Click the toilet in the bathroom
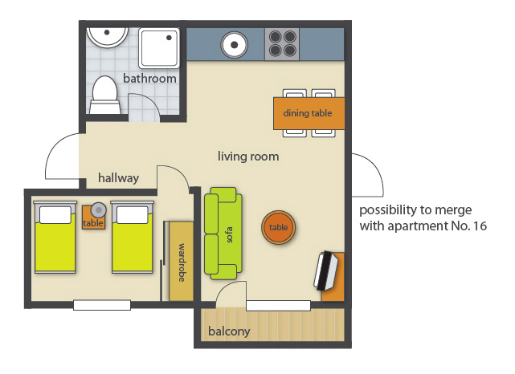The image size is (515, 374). [x=104, y=96]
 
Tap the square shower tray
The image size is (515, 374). [x=159, y=48]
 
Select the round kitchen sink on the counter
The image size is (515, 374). [x=234, y=45]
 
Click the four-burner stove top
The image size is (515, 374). [x=282, y=44]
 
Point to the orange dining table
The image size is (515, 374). [x=309, y=113]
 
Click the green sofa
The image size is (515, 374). [x=223, y=234]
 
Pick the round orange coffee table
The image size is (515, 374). [x=279, y=227]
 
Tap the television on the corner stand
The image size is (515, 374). [x=326, y=270]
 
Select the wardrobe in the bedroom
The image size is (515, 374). [x=181, y=261]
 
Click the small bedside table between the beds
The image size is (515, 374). [x=94, y=217]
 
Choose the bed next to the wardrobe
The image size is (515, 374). [x=133, y=238]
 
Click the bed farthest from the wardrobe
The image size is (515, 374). [x=55, y=238]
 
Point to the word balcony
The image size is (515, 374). [x=229, y=331]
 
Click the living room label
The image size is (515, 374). [x=248, y=157]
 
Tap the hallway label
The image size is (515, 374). [x=119, y=178]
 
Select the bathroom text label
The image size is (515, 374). [x=149, y=79]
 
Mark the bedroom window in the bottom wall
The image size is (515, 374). [x=102, y=305]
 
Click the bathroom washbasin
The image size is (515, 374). [x=107, y=37]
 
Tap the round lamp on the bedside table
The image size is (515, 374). [x=99, y=209]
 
